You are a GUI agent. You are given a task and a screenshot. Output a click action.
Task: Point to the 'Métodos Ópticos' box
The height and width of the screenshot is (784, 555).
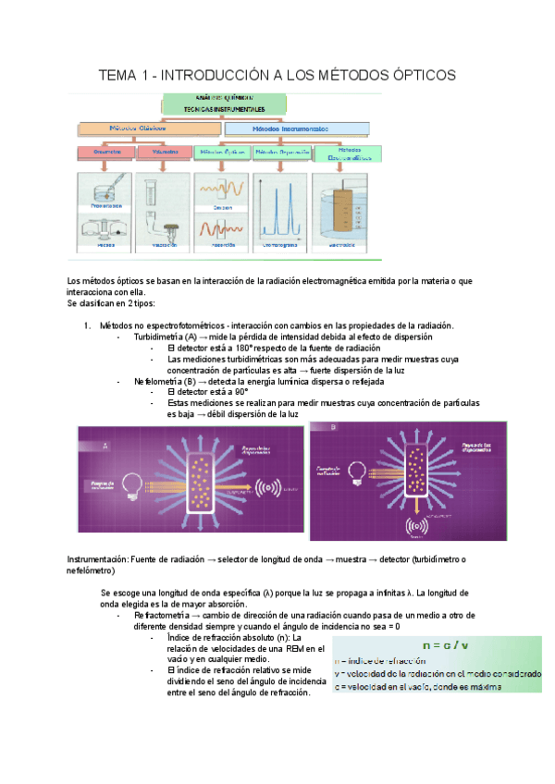pos(223,152)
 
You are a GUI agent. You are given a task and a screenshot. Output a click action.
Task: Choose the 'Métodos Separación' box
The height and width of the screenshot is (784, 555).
pos(281,152)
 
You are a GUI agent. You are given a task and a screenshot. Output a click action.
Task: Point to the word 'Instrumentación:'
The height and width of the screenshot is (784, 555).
pos(99,559)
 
